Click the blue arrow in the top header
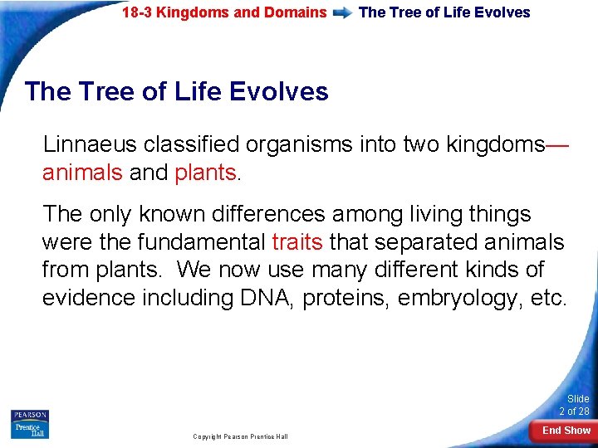click(x=341, y=13)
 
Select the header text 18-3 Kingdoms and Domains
click(x=224, y=12)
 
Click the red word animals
click(x=82, y=173)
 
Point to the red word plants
click(x=205, y=173)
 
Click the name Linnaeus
click(x=90, y=144)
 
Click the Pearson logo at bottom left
click(x=30, y=415)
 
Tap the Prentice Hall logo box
click(x=30, y=430)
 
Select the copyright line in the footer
click(x=240, y=436)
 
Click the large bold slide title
click(x=177, y=91)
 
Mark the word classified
click(x=190, y=144)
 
